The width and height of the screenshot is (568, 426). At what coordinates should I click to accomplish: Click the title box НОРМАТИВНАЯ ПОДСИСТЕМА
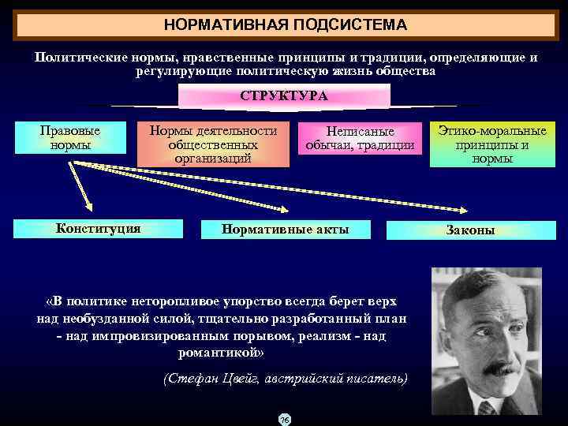coord(285,24)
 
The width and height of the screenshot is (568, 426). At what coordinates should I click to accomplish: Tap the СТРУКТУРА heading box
coord(284,95)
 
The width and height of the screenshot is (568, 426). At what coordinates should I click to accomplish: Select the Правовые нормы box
coord(70,137)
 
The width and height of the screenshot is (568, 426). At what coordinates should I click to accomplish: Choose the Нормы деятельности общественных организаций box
coord(213,144)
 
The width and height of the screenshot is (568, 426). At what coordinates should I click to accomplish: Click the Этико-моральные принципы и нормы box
coord(492,144)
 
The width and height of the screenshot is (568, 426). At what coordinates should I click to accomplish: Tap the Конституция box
coord(98,229)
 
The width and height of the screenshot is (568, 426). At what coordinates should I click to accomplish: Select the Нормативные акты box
coord(285,230)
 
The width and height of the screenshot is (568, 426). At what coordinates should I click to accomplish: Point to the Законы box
coord(470,230)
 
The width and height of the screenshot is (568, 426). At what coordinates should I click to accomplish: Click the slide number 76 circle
coord(284,419)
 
